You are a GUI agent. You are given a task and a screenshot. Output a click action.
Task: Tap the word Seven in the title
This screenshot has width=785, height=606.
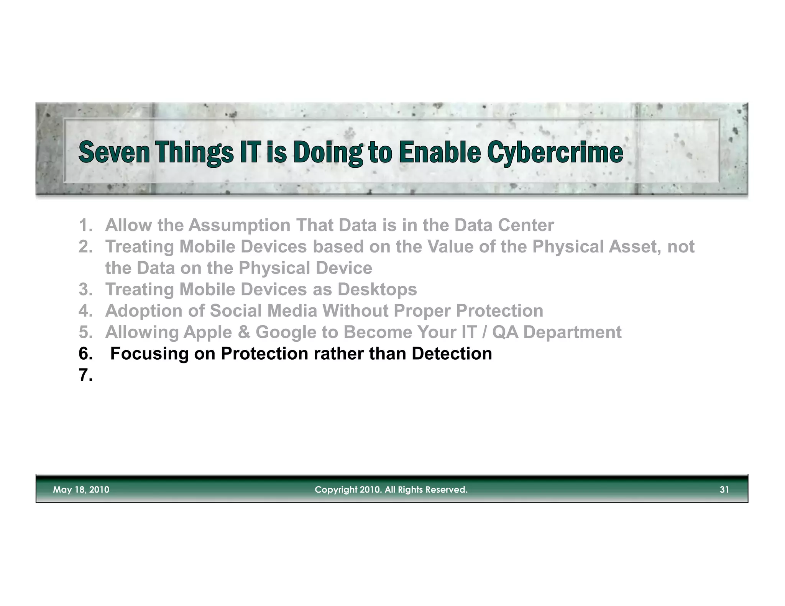[114, 152]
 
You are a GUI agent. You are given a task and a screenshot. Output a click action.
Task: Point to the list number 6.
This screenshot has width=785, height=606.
[85, 354]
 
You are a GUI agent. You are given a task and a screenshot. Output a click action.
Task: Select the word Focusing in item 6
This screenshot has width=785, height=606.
[149, 354]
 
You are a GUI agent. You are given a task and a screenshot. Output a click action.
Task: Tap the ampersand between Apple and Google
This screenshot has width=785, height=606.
[243, 332]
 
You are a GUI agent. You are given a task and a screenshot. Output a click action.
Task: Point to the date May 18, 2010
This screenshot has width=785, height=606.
[81, 490]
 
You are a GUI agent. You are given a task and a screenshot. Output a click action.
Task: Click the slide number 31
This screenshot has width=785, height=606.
[724, 490]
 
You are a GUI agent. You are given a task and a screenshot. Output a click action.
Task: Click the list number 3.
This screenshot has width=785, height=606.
[85, 289]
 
